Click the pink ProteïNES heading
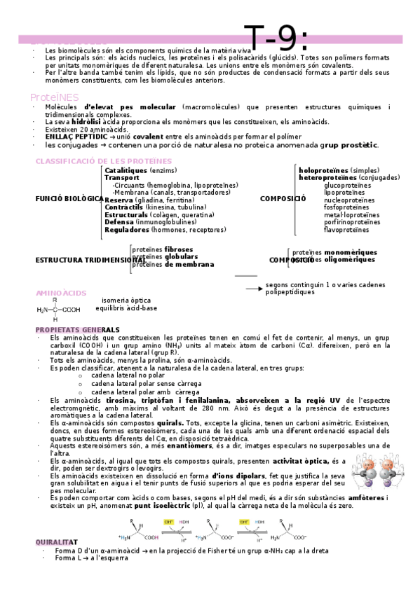tap(54, 97)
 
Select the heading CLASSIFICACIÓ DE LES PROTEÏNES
tap(103, 161)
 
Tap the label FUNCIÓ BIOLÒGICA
tap(69, 198)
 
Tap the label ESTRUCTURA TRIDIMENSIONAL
tap(84, 260)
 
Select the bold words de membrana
tap(189, 264)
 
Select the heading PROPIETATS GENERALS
tap(77, 329)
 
